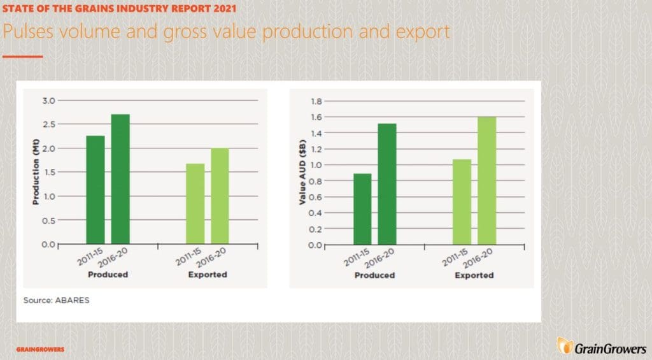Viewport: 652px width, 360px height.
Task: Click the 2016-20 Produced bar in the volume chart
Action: click(x=120, y=179)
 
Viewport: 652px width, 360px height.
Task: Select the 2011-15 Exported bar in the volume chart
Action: click(x=195, y=203)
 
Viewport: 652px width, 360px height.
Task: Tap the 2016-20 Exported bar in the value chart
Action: click(x=486, y=180)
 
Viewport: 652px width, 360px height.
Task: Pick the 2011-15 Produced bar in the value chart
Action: click(x=362, y=209)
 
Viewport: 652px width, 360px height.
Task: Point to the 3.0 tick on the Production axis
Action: click(x=48, y=101)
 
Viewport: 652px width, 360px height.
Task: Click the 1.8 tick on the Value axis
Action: click(x=316, y=101)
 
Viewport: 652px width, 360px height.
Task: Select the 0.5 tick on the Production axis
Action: click(x=48, y=220)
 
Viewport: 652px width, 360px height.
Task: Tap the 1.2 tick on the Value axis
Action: click(x=316, y=149)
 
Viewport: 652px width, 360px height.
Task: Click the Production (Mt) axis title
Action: click(x=36, y=171)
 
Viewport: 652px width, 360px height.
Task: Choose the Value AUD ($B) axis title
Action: click(x=302, y=172)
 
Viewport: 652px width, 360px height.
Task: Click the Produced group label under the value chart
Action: click(x=374, y=275)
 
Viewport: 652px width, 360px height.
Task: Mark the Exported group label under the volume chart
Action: click(x=208, y=274)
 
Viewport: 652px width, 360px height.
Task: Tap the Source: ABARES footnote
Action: click(x=56, y=300)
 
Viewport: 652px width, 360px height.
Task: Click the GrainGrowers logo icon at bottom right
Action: click(x=565, y=346)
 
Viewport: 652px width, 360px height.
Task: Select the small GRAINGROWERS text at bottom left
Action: click(x=40, y=349)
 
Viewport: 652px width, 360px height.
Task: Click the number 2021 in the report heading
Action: click(x=225, y=8)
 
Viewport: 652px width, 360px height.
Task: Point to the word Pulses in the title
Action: click(x=28, y=32)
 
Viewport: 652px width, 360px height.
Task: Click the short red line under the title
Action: click(x=22, y=56)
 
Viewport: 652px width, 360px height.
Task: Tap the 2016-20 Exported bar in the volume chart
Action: click(x=220, y=196)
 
